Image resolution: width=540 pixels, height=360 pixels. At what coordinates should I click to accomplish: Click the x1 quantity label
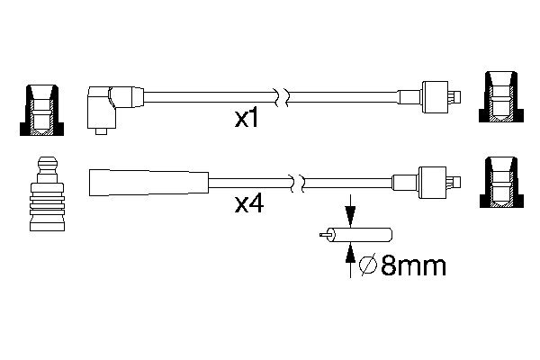[x=246, y=119]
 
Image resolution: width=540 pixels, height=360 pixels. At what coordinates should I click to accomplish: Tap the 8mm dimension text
[x=413, y=267]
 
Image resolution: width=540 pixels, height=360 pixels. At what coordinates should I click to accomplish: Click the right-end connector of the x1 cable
[x=435, y=95]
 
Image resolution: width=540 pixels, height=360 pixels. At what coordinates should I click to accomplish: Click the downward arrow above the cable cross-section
[x=350, y=214]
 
